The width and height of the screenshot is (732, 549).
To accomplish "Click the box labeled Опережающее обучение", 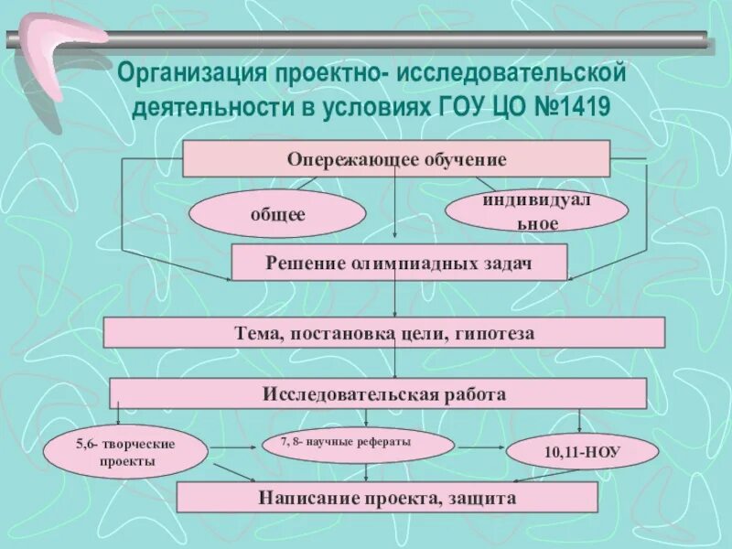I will click(396, 158).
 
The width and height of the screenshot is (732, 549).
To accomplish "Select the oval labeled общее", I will click(277, 214).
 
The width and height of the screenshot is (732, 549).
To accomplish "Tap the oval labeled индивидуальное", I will click(536, 211).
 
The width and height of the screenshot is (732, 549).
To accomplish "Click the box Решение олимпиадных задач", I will click(399, 263).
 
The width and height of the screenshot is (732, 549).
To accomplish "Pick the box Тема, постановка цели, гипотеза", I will click(383, 333).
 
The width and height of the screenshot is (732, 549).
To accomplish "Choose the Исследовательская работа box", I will click(378, 394).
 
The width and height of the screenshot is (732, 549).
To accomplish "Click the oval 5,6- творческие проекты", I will click(124, 452).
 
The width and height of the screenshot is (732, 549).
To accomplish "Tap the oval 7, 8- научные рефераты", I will click(358, 446).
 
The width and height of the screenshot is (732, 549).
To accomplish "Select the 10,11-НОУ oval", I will click(582, 452).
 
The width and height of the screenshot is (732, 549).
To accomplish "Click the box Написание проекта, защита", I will click(386, 499).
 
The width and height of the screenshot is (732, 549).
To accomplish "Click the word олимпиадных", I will click(398, 263).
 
